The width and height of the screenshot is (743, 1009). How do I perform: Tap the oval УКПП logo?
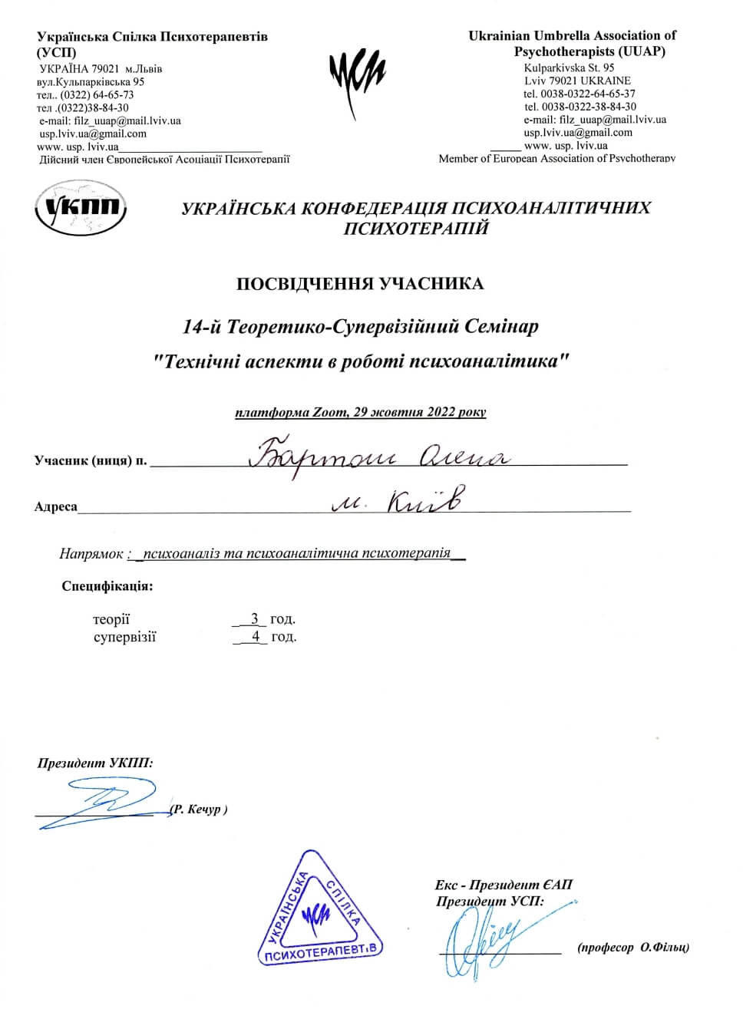pos(82,207)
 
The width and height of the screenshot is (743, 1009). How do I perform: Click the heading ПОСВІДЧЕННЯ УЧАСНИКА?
pos(360,284)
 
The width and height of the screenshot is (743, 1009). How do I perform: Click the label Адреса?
pos(55,507)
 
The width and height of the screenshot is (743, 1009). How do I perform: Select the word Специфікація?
pos(107,587)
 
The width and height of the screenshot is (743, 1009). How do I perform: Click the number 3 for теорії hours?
pos(254,618)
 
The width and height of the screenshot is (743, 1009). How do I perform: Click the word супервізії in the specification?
pos(124,636)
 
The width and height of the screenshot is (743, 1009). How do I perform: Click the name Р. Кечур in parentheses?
pos(199,810)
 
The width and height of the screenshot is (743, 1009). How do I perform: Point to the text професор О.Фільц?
pos(633,948)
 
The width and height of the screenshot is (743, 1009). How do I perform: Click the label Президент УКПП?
pos(95,763)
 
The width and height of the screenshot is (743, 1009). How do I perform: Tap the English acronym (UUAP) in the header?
pos(637,51)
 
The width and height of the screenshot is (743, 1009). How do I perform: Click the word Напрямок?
pos(91,553)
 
